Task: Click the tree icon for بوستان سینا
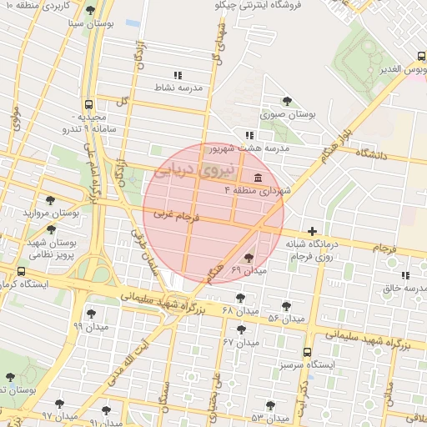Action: click(91, 10)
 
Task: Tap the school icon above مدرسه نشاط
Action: click(177, 74)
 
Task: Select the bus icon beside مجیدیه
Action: click(89, 106)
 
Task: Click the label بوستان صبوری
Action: click(283, 115)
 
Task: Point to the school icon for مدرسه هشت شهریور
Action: click(249, 134)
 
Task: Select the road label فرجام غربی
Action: click(175, 214)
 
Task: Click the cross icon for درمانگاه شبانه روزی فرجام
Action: click(313, 231)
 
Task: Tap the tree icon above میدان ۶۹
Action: click(248, 258)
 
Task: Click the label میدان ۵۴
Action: click(285, 319)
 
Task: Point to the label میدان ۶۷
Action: click(240, 342)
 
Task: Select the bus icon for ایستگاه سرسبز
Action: click(308, 352)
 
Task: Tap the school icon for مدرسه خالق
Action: click(405, 275)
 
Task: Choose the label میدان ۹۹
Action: click(90, 326)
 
